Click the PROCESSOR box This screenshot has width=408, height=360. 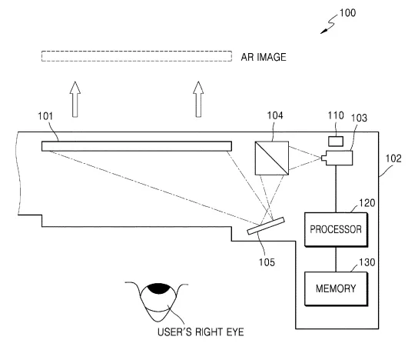tap(336, 229)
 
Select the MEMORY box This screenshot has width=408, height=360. tap(336, 288)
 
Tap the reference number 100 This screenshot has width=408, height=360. tap(347, 13)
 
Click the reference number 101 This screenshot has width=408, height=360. tap(45, 116)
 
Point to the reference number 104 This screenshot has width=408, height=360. tap(275, 115)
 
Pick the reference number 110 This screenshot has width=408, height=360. tap(336, 115)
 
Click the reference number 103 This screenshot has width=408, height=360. tap(359, 118)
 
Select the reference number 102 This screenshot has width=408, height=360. tap(393, 158)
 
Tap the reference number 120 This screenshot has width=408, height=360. tap(367, 203)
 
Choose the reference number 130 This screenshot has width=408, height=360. tap(367, 262)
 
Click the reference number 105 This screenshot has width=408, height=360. tap(267, 262)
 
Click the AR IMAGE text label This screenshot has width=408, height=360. tap(264, 57)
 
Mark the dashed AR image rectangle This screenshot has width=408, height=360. tap(137, 52)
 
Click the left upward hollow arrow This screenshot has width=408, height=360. tap(75, 99)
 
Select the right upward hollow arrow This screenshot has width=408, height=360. tap(198, 99)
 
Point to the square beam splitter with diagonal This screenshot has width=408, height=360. tap(272, 158)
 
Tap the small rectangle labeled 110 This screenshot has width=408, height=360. tap(336, 142)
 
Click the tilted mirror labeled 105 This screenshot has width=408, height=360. tap(266, 226)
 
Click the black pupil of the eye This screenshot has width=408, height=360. tap(159, 288)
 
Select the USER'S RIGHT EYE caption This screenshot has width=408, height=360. tap(201, 332)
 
